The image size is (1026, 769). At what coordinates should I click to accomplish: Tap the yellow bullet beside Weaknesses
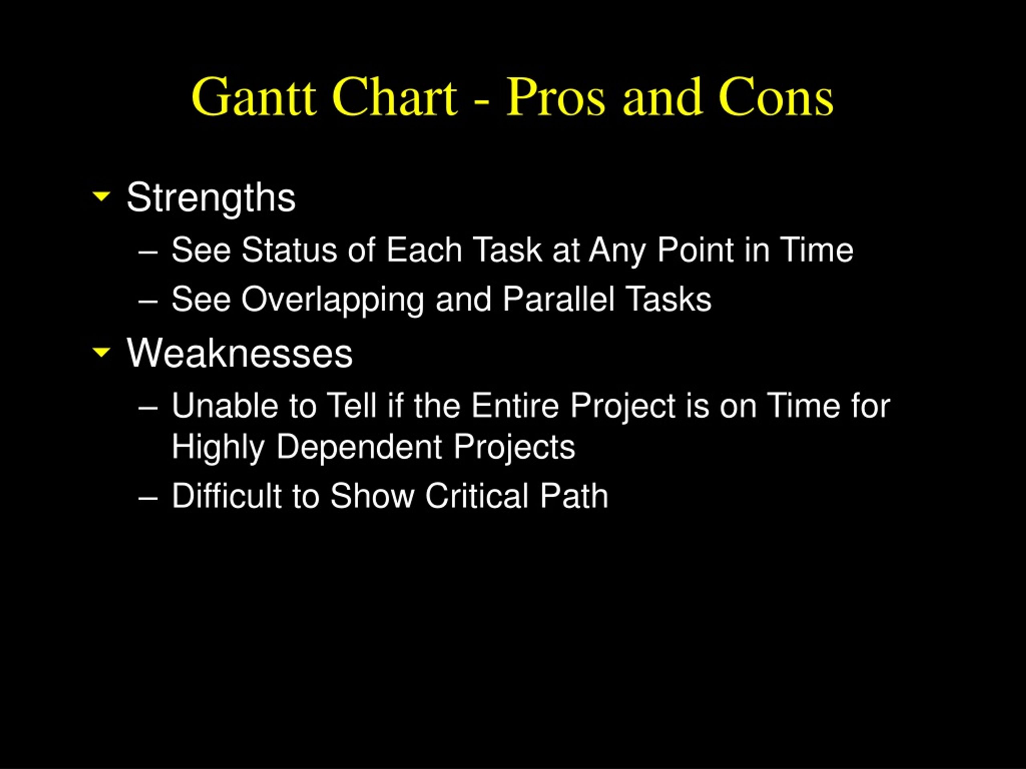pyautogui.click(x=101, y=352)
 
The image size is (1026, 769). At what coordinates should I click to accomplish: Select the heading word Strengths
pyautogui.click(x=211, y=198)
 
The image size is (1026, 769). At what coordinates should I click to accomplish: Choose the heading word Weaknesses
pyautogui.click(x=240, y=353)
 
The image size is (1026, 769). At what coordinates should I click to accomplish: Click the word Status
pyautogui.click(x=289, y=250)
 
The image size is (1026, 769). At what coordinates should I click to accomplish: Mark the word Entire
pyautogui.click(x=515, y=406)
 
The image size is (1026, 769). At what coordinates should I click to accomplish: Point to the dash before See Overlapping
pyautogui.click(x=148, y=302)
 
